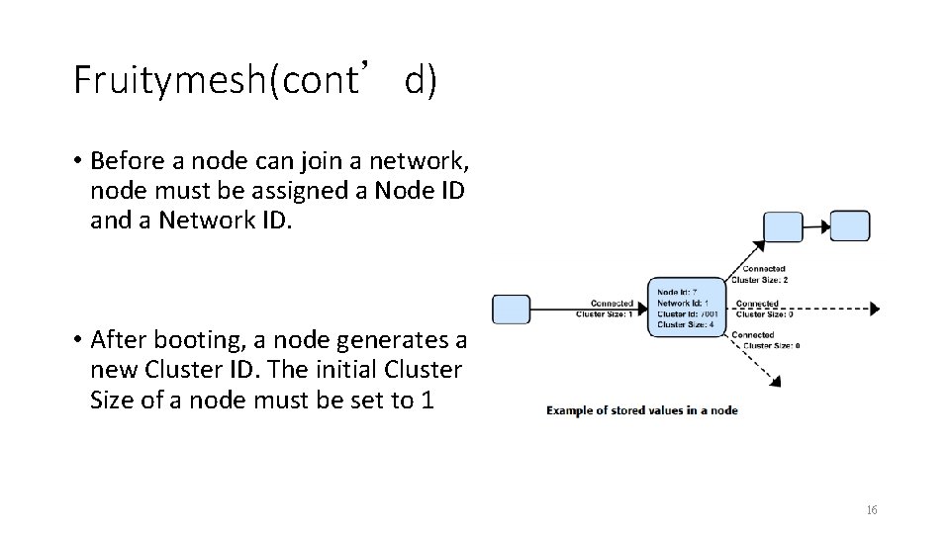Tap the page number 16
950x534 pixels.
(x=871, y=510)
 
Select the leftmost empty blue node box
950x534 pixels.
(x=512, y=309)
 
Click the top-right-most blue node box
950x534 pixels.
(x=850, y=225)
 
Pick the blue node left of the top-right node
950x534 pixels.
(x=784, y=226)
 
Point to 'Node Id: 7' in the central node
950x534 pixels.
(x=678, y=292)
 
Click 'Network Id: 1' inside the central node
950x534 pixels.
(x=684, y=303)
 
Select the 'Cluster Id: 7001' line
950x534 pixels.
(x=689, y=313)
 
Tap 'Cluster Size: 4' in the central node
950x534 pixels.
(x=685, y=324)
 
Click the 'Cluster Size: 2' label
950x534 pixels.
(x=759, y=280)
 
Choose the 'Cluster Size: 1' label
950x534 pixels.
(x=605, y=314)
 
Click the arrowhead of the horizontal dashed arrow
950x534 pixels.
(x=874, y=309)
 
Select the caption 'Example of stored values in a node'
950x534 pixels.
(x=642, y=409)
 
